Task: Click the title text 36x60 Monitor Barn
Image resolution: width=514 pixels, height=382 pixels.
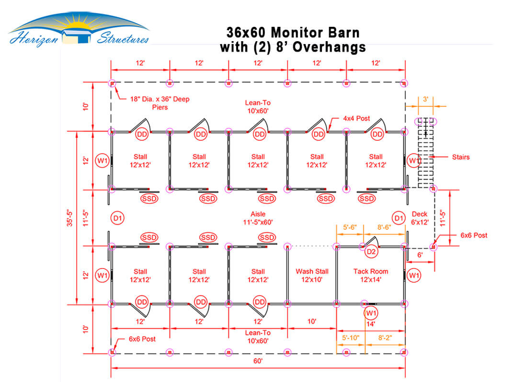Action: point(293,33)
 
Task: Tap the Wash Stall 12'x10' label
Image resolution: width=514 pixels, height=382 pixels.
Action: point(312,276)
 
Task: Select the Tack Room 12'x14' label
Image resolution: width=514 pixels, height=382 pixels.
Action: point(371,276)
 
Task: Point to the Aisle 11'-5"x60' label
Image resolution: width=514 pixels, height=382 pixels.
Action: point(258,218)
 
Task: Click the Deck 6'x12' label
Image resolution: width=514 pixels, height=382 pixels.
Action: point(420,218)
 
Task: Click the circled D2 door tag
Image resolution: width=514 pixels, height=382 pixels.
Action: point(371,252)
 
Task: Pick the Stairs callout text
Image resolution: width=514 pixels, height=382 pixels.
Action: point(461,157)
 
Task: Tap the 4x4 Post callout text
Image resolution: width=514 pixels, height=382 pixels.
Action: point(356,118)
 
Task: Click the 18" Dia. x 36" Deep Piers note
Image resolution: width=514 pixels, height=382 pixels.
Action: point(160,103)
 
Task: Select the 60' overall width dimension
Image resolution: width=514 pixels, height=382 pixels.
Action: point(258,361)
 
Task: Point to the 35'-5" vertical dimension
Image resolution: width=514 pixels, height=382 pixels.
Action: point(70,218)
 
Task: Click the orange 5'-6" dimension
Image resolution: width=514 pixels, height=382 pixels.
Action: point(350,227)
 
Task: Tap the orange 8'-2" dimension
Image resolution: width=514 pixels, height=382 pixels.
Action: point(385,338)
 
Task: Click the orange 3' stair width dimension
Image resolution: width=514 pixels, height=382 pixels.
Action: point(425,99)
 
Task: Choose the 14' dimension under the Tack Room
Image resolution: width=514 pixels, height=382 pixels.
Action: point(371,324)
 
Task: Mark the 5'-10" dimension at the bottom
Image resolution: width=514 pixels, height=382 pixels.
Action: point(351,338)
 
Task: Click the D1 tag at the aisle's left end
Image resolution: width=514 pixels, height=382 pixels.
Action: point(118,218)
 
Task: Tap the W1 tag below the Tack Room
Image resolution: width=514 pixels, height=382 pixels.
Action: point(371,313)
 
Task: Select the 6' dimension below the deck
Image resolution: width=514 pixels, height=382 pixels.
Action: point(420,255)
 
